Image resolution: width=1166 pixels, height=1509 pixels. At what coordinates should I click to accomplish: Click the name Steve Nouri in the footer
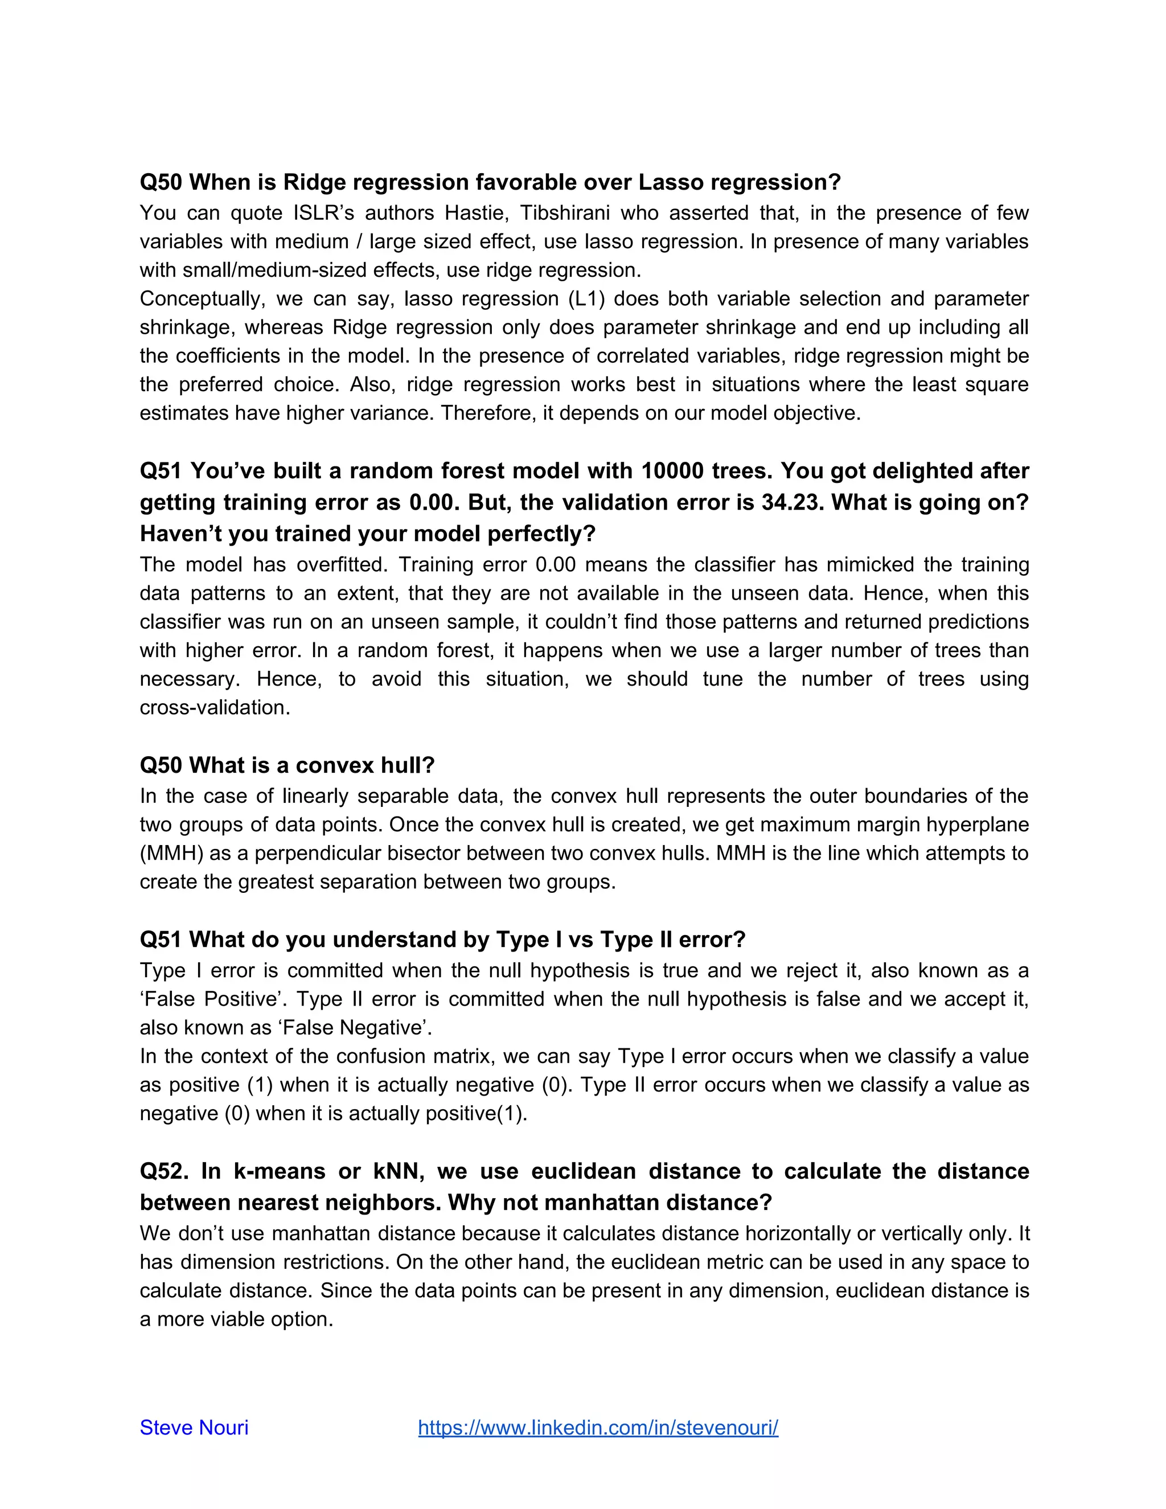(x=194, y=1428)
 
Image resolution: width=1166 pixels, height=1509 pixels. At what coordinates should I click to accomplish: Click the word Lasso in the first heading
(x=671, y=182)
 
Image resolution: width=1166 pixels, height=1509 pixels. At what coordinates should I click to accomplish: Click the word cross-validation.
(x=215, y=707)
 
